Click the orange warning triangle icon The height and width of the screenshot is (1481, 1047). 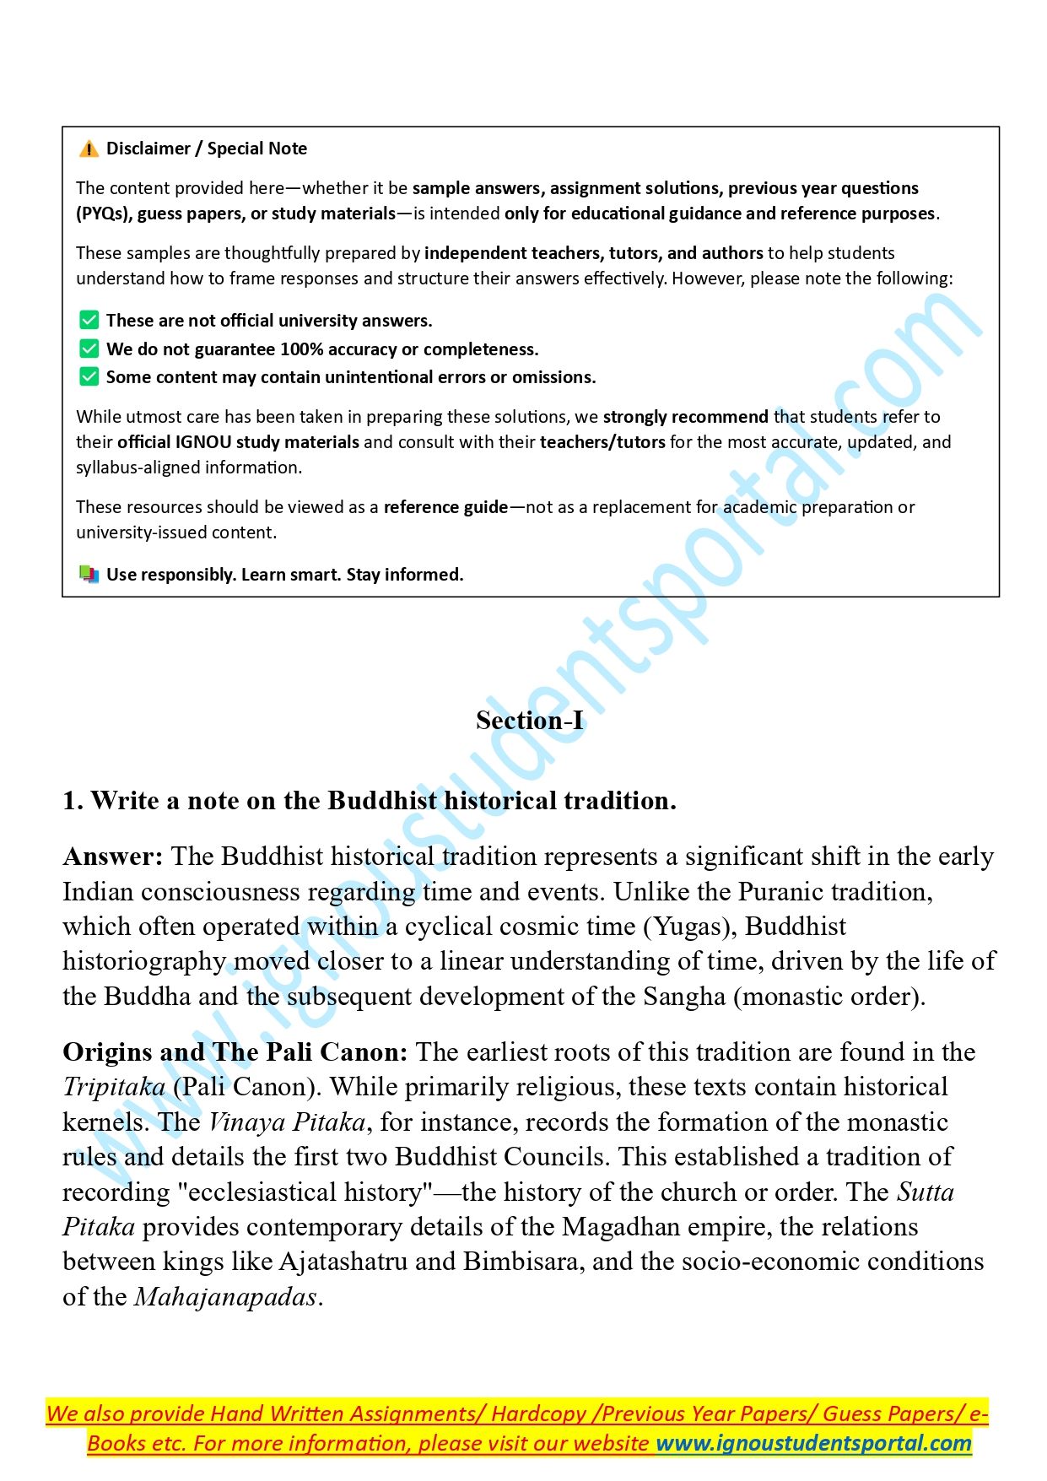(89, 149)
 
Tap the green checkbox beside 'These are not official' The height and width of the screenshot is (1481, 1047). (89, 320)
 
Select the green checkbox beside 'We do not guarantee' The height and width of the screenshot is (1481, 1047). (89, 349)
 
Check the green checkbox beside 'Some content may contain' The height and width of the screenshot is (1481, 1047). (89, 376)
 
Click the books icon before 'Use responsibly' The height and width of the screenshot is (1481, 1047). (89, 575)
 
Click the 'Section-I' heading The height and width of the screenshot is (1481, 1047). (529, 720)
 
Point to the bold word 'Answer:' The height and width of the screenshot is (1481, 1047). (113, 857)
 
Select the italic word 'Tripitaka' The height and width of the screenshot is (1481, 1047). (114, 1088)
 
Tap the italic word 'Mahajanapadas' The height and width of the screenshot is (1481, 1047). (225, 1297)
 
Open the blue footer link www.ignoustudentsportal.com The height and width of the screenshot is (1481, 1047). (813, 1443)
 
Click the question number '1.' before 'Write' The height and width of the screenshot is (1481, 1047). (73, 801)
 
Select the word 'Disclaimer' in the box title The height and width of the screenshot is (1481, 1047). (148, 149)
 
